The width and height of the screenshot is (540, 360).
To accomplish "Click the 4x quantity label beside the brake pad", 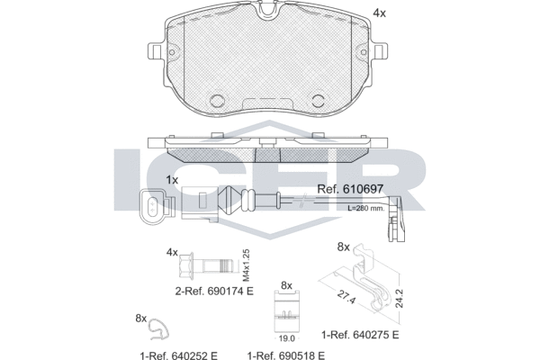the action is point(380,13).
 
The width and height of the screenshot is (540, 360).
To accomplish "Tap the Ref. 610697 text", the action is point(350,189).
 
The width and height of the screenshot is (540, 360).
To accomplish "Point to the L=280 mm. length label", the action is point(365,208).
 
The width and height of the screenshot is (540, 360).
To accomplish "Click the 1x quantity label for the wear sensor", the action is point(172,180).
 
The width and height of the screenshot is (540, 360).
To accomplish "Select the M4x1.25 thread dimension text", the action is point(246,265).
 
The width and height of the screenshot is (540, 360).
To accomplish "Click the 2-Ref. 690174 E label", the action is point(214,291).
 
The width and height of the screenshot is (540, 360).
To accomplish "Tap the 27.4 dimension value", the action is point(346,297).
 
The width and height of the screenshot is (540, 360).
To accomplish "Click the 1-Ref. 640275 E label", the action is point(360,335).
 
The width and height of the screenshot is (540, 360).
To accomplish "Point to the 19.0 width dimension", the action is point(286,338).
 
